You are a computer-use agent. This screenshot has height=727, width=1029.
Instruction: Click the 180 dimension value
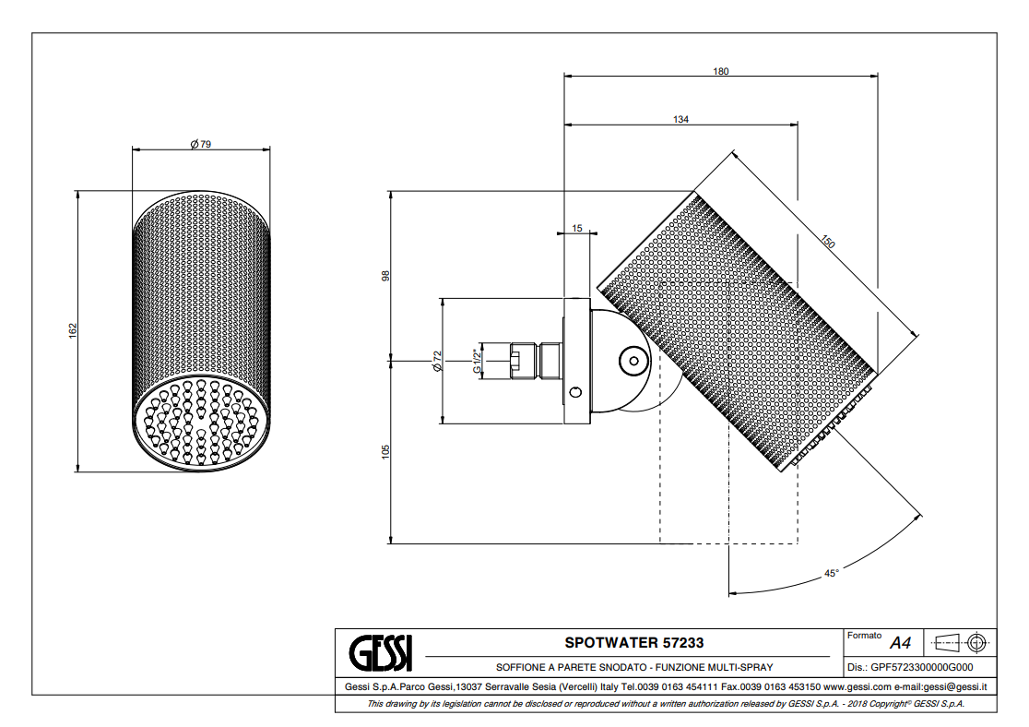click(720, 71)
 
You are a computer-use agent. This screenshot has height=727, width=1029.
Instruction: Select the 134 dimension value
click(680, 119)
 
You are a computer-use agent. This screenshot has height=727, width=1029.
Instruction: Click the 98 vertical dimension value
click(385, 275)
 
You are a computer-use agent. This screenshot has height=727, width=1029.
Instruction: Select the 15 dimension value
click(577, 227)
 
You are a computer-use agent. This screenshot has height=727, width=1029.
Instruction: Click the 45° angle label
click(831, 573)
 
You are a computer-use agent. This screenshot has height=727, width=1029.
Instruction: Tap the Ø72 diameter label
click(438, 361)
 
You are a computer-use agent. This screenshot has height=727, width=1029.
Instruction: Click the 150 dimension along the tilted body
click(827, 243)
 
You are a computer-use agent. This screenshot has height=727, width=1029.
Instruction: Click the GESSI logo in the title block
click(381, 653)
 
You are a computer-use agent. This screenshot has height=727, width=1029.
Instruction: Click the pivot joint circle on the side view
click(633, 360)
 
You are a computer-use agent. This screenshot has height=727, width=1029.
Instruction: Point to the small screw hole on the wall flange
click(575, 392)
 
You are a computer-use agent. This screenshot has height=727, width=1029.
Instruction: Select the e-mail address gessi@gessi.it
click(955, 686)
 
